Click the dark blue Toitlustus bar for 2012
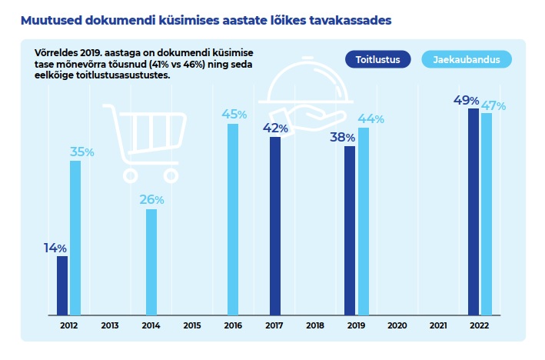[62, 285]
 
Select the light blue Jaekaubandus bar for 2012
[75, 238]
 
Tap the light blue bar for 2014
[151, 262]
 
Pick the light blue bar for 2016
[233, 219]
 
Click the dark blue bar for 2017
[275, 226]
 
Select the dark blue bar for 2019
[350, 231]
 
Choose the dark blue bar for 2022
[474, 212]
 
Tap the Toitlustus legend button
[377, 59]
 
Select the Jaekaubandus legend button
[467, 59]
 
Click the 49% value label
[467, 101]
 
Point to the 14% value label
[55, 248]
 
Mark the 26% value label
[151, 200]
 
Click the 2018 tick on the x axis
[315, 325]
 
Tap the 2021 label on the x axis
[438, 325]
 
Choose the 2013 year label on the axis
[110, 325]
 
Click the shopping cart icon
[147, 142]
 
